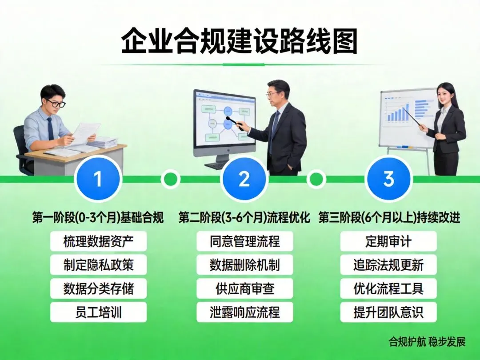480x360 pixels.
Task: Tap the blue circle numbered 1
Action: (x=98, y=179)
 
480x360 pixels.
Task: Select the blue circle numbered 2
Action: (x=244, y=179)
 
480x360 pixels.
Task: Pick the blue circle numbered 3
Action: (x=388, y=179)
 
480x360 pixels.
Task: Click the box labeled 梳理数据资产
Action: (x=98, y=241)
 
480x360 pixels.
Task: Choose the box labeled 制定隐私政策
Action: (x=98, y=265)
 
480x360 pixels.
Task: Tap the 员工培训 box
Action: (x=98, y=312)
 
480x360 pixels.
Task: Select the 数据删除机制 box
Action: (x=244, y=265)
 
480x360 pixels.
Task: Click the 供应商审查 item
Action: (x=244, y=288)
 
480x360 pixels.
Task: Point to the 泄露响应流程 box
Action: (x=244, y=312)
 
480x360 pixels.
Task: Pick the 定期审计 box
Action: (x=388, y=241)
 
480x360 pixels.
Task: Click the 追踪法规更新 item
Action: (x=388, y=265)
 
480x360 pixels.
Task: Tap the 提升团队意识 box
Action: (x=388, y=312)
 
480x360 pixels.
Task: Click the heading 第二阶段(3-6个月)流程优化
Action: (x=244, y=218)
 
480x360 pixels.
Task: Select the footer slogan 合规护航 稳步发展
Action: (x=427, y=341)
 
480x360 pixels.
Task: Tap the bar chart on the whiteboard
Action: (x=398, y=113)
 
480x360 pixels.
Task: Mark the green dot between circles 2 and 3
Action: (x=316, y=179)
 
